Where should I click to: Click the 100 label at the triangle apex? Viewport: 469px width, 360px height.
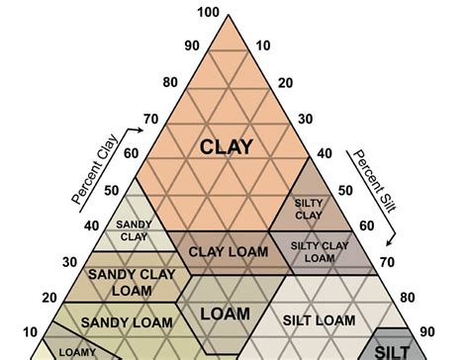point(209,12)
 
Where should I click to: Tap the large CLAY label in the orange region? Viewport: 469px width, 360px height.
point(227,146)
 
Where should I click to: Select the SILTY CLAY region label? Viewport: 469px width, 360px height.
point(309,209)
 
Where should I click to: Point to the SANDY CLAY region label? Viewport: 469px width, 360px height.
point(134,230)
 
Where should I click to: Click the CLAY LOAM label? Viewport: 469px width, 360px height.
point(229,252)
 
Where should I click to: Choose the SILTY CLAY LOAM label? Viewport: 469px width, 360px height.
point(320,252)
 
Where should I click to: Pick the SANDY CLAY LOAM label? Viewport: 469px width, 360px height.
point(132,283)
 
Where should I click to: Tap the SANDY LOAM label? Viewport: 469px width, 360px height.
point(127,322)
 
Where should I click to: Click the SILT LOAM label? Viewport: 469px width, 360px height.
point(319,320)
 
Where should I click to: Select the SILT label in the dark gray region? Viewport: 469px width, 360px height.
point(392,353)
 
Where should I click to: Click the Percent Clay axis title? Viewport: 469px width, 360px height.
point(95,169)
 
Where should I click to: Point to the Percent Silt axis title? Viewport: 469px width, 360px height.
point(375,181)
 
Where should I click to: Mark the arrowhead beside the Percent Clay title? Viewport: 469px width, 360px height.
point(141,130)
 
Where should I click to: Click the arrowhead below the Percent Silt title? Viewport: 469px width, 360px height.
point(390,242)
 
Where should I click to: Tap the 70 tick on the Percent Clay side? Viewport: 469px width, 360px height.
point(151,119)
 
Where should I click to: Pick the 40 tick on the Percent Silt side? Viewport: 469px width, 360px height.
point(325,153)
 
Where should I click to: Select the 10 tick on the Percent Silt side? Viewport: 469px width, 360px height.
point(263,45)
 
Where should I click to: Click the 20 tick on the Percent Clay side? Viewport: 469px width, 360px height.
point(49,298)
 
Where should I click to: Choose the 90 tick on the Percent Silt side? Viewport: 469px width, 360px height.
point(427,331)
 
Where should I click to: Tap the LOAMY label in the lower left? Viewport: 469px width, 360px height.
point(77,353)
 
